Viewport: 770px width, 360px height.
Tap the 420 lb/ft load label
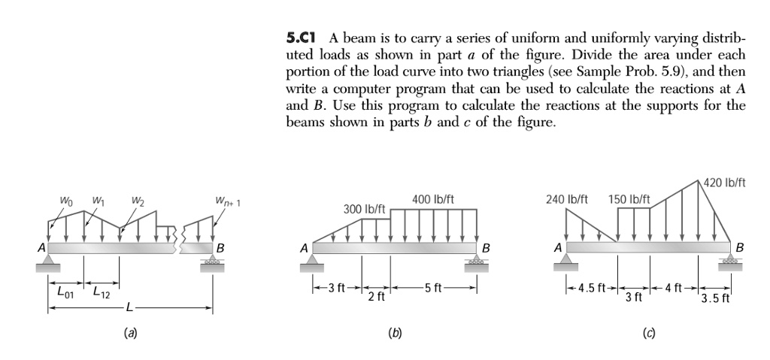coord(721,182)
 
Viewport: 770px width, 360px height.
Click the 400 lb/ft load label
coord(432,200)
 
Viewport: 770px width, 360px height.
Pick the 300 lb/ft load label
coord(365,207)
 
